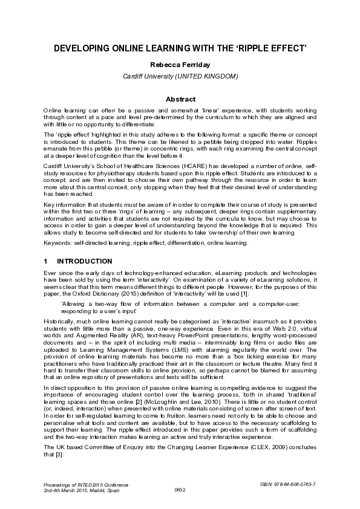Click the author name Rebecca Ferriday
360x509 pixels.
[x=180, y=65]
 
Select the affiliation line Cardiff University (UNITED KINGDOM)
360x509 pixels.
[x=180, y=76]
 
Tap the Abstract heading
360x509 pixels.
[x=180, y=99]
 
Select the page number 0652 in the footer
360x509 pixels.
[x=180, y=489]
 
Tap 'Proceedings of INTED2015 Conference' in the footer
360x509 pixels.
[x=79, y=484]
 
